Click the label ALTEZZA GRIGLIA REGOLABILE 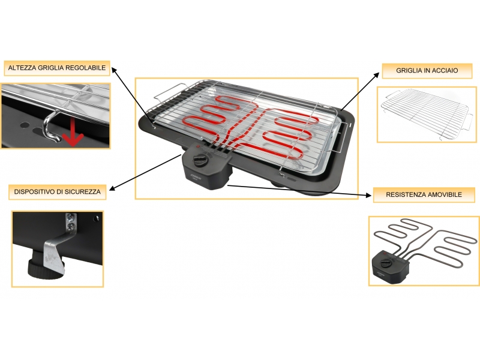click(x=57, y=68)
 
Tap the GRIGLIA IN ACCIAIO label click(x=427, y=70)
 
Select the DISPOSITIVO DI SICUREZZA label click(x=57, y=192)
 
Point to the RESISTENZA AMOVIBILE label click(x=424, y=194)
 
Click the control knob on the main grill click(x=200, y=160)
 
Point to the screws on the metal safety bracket click(x=71, y=222)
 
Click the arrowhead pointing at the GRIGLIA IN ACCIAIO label click(x=377, y=76)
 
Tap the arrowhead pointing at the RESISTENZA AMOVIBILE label click(x=368, y=195)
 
